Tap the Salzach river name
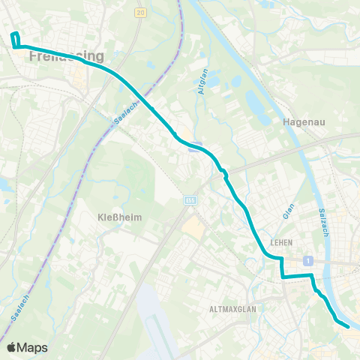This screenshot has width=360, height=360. point(324,223)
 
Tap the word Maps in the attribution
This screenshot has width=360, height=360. point(33,347)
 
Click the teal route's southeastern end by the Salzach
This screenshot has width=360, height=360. point(348,326)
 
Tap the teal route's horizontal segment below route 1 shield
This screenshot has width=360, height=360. point(297,277)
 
